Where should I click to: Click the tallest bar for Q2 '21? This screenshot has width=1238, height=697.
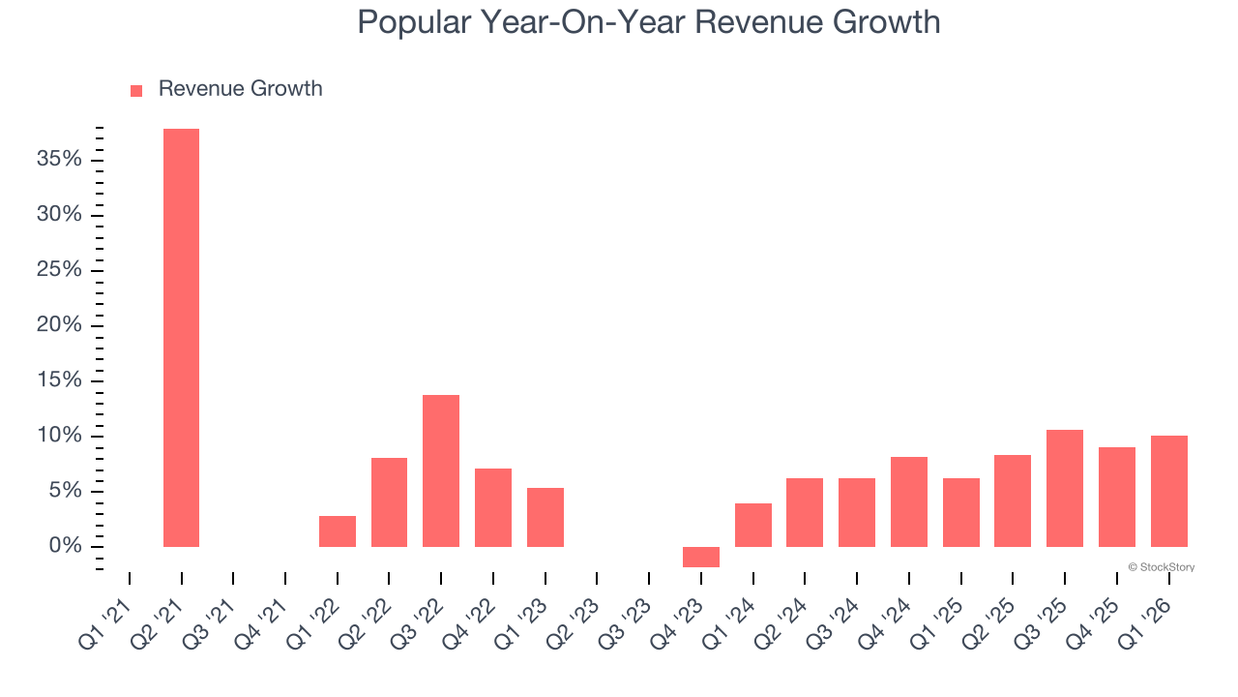pyautogui.click(x=181, y=338)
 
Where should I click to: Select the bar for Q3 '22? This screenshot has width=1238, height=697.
pyautogui.click(x=441, y=470)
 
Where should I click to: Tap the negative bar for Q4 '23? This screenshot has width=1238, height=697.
pyautogui.click(x=701, y=557)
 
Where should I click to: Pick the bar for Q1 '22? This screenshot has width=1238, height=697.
pyautogui.click(x=338, y=531)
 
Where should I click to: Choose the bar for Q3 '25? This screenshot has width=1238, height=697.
pyautogui.click(x=1065, y=488)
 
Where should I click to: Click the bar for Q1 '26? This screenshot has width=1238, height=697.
pyautogui.click(x=1168, y=491)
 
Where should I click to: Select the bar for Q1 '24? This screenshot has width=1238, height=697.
pyautogui.click(x=753, y=525)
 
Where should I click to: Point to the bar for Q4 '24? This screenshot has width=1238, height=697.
pyautogui.click(x=909, y=501)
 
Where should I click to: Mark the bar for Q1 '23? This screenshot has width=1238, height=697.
pyautogui.click(x=545, y=517)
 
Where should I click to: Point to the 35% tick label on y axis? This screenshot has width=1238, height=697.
pyautogui.click(x=59, y=159)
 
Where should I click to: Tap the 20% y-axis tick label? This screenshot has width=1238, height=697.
pyautogui.click(x=59, y=325)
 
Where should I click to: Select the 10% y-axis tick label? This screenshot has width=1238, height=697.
pyautogui.click(x=59, y=436)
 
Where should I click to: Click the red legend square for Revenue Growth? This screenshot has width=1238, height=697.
pyautogui.click(x=136, y=90)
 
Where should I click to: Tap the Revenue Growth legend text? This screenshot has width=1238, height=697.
pyautogui.click(x=240, y=89)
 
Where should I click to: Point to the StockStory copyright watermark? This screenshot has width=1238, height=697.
pyautogui.click(x=1161, y=567)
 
